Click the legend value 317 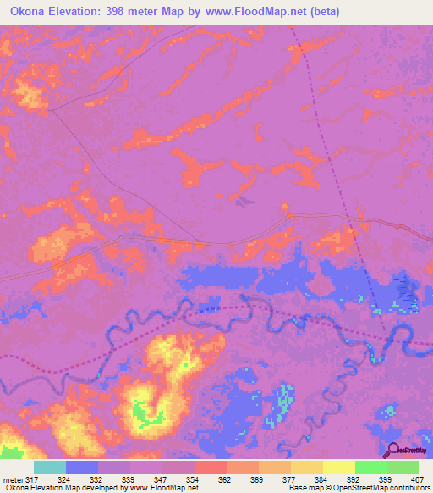tap(32, 479)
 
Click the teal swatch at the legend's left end tap(50, 467)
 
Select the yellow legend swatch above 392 tap(338, 467)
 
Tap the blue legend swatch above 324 tap(82, 467)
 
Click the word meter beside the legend tap(13, 479)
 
